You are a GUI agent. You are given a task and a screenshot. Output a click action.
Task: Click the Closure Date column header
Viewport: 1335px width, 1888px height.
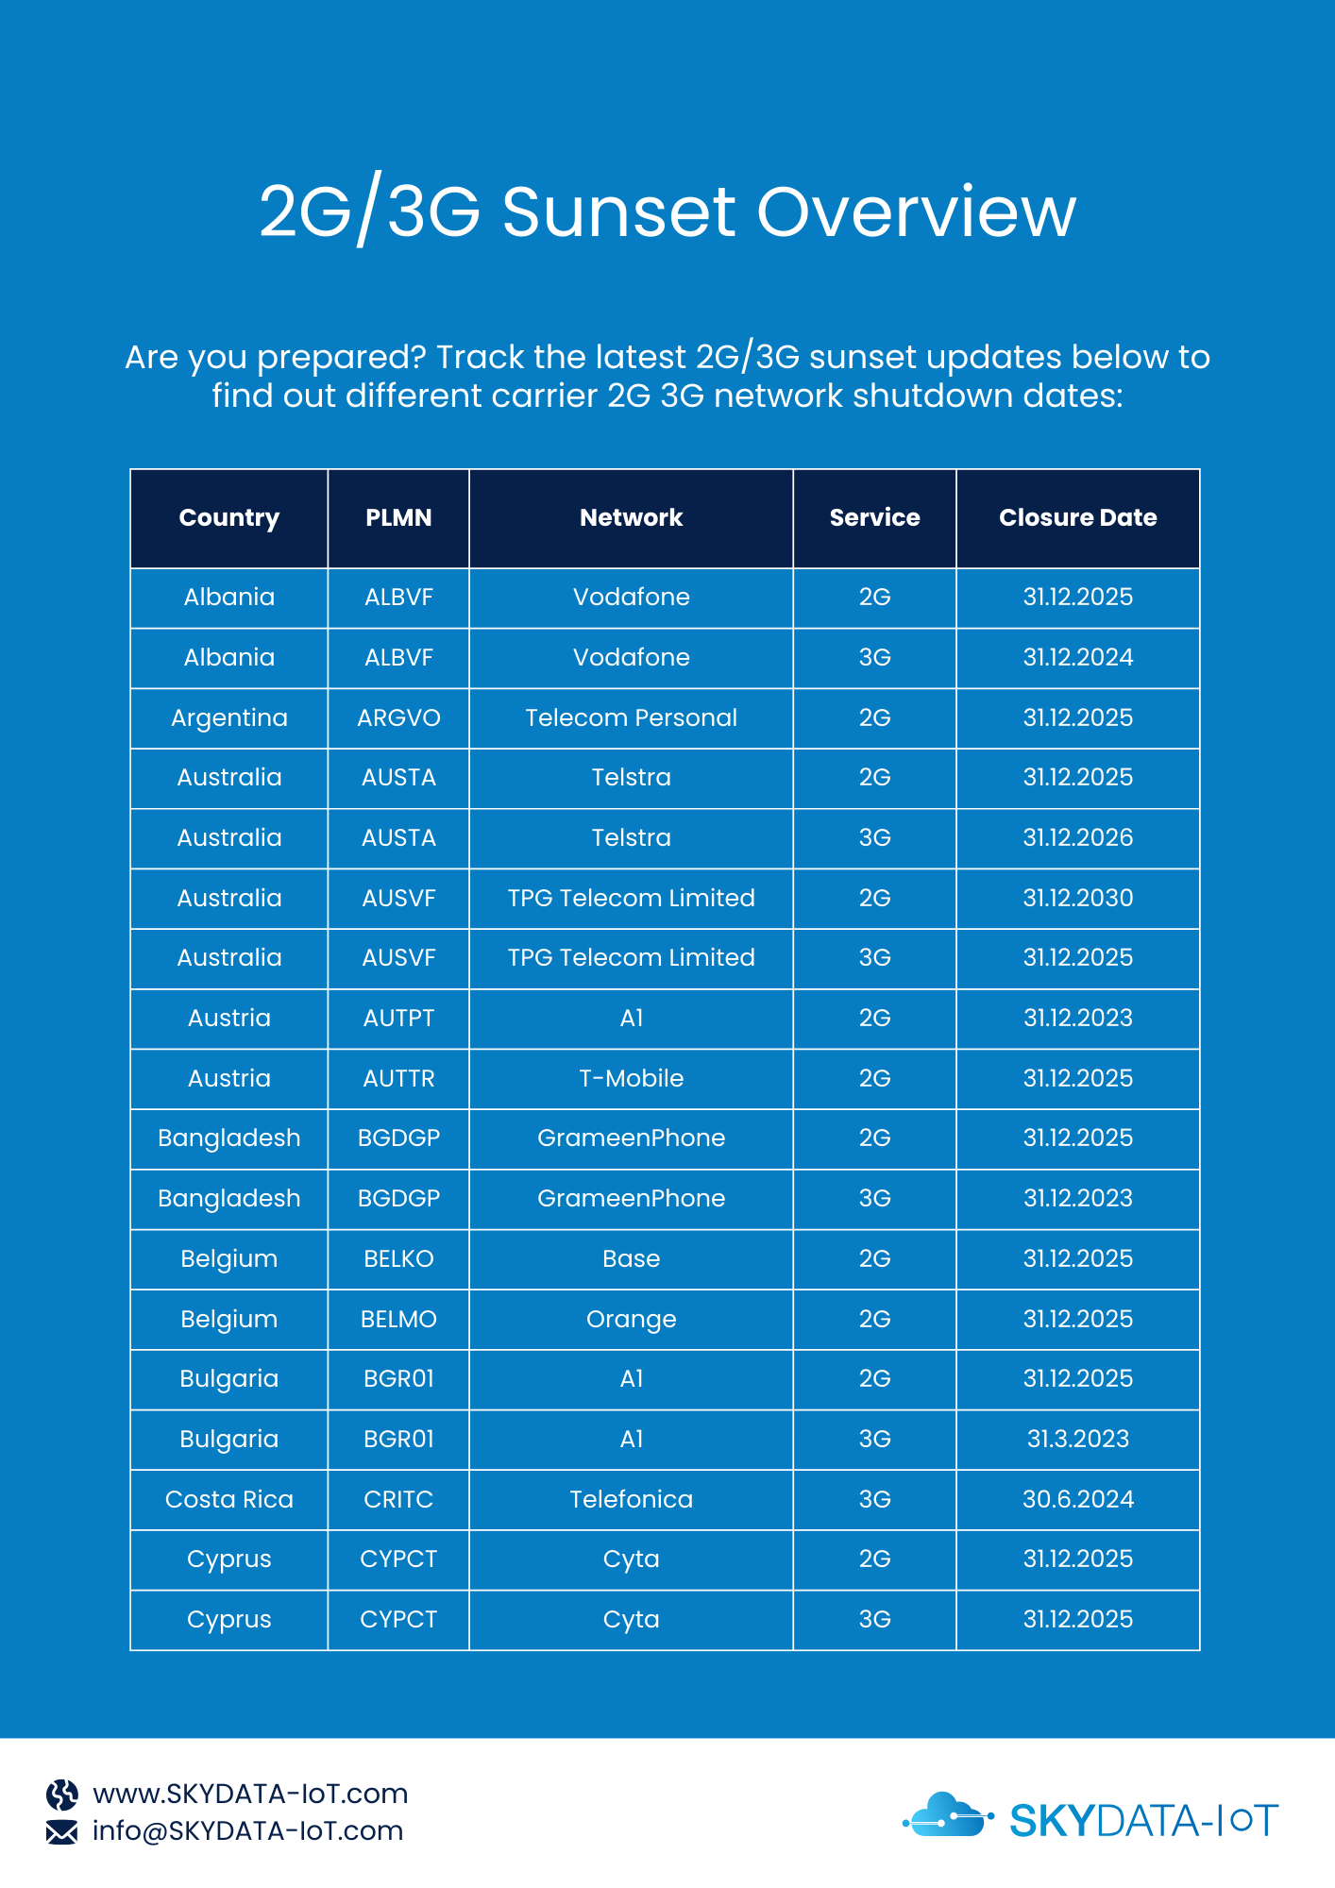(1077, 517)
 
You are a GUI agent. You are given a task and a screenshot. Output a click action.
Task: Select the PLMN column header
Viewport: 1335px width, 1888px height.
(398, 517)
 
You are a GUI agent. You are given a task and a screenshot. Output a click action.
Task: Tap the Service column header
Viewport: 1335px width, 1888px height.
(874, 517)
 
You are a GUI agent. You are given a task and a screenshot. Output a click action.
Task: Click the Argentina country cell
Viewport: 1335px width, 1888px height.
(229, 717)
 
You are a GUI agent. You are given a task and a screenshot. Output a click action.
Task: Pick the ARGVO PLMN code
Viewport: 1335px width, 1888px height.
(398, 717)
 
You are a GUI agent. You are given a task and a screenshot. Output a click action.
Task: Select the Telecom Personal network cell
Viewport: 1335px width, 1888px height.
(631, 717)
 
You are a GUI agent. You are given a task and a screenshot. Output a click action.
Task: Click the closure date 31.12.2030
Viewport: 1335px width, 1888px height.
(1077, 898)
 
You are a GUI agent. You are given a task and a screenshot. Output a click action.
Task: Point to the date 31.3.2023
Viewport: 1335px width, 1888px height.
(1077, 1439)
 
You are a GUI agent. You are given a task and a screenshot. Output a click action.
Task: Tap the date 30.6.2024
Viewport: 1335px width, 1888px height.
(1077, 1499)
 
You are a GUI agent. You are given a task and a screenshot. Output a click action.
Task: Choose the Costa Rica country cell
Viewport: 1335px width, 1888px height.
(229, 1499)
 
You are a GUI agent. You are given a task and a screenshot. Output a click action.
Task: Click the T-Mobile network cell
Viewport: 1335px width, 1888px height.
(631, 1078)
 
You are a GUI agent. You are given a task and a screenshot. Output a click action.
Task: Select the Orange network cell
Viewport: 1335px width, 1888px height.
(631, 1319)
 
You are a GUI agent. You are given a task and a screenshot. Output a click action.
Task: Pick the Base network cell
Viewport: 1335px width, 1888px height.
(631, 1258)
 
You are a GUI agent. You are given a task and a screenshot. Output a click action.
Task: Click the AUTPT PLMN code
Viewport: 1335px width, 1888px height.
(398, 1018)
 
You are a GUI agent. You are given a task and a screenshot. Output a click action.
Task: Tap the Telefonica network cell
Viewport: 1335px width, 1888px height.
(631, 1499)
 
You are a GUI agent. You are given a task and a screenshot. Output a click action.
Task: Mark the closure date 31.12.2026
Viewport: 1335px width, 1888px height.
(1077, 837)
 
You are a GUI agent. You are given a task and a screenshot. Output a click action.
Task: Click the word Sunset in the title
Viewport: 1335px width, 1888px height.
(617, 211)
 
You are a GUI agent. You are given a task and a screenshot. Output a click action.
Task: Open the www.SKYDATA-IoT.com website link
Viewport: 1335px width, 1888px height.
(250, 1794)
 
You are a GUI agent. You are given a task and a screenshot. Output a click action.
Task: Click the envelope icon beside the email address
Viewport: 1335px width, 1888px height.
(62, 1831)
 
